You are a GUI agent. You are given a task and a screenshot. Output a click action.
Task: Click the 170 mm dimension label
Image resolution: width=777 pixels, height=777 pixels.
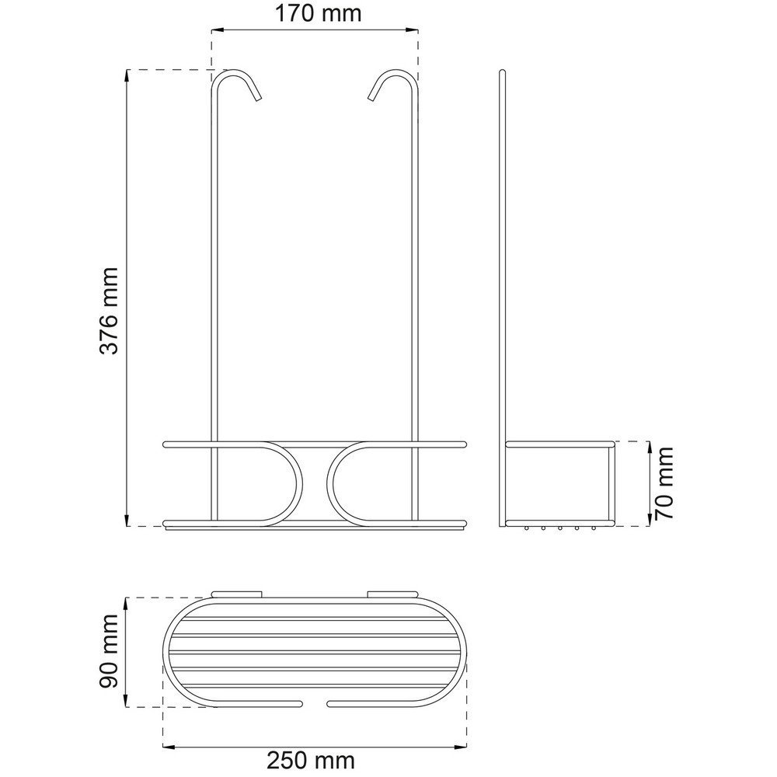tap(318, 13)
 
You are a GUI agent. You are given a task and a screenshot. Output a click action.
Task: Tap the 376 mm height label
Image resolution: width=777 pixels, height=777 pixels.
tap(109, 311)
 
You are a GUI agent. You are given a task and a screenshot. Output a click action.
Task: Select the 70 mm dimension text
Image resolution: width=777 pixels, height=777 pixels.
tap(664, 483)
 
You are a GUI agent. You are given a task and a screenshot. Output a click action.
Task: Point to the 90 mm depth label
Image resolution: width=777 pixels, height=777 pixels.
tap(109, 650)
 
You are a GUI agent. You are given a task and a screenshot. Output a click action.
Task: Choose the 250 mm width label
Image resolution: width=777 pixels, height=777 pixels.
tap(312, 760)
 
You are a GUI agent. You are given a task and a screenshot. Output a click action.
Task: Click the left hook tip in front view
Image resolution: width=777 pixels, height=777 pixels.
tap(258, 99)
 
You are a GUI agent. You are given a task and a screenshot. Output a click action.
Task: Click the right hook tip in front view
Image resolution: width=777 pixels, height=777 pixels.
tap(371, 99)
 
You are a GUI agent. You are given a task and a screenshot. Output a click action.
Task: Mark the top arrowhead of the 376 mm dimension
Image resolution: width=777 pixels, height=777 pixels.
tap(127, 76)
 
